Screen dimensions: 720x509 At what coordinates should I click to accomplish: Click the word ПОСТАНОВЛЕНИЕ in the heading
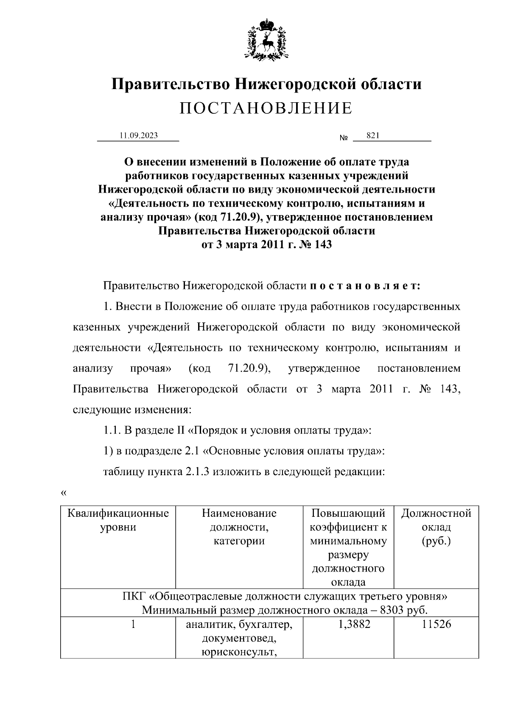(x=266, y=109)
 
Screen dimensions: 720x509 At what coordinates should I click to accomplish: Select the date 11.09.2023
(x=138, y=135)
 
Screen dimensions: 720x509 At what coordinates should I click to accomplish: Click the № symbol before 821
(x=344, y=138)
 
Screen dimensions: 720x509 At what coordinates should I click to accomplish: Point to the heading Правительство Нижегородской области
(x=266, y=84)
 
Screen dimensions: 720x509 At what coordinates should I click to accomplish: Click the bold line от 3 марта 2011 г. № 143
(x=266, y=245)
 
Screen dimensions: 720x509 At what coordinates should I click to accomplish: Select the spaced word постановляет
(x=365, y=286)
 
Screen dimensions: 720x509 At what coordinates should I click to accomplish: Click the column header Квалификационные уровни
(x=118, y=520)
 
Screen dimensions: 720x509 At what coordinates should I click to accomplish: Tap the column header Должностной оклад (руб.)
(x=436, y=527)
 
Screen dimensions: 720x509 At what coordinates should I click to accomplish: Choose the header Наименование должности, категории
(x=239, y=527)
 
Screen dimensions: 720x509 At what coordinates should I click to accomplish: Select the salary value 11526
(x=436, y=624)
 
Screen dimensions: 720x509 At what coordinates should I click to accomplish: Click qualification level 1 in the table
(x=133, y=624)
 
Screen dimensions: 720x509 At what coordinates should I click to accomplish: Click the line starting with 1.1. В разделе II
(x=238, y=431)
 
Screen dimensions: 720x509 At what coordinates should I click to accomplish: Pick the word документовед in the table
(x=239, y=638)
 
